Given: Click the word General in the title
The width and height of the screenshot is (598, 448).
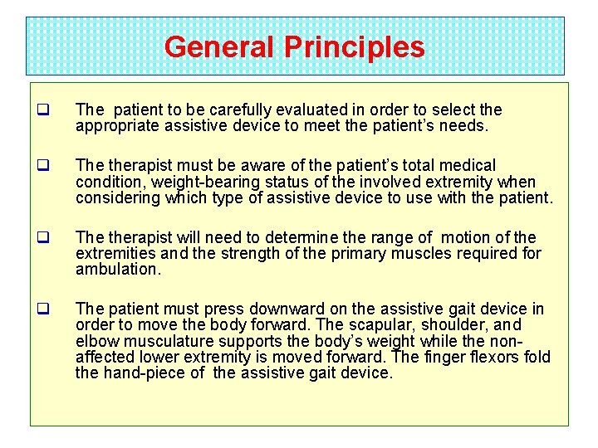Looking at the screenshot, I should tap(219, 46).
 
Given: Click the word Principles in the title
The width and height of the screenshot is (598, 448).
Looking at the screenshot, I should tap(354, 46).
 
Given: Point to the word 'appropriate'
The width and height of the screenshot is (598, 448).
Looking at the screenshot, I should tap(114, 126).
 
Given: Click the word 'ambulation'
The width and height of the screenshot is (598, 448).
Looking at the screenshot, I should tap(117, 270).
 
